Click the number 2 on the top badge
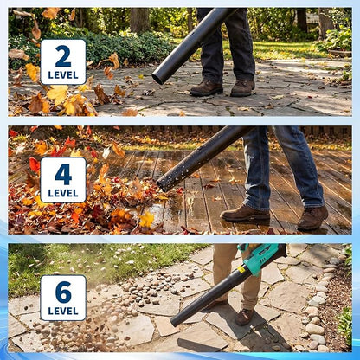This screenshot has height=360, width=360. coord(63,56)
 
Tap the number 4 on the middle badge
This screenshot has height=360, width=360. coord(63,174)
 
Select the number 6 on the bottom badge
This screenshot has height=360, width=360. coord(63,292)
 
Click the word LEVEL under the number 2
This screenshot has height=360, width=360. coord(63,75)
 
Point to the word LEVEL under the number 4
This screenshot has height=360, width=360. coord(63,193)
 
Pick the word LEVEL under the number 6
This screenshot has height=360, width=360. coord(63,311)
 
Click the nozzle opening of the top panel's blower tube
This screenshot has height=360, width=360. coord(158,78)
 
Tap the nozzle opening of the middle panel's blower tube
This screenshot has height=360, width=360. coord(162,185)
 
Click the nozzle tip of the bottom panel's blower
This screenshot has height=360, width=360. coord(175,321)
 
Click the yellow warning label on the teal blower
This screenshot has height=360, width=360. coord(241,269)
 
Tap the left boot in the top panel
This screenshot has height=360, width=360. coord(207,88)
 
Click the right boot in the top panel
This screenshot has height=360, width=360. coord(242,87)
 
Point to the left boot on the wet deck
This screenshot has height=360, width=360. coord(245,214)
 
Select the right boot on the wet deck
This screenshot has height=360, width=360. coord(312,218)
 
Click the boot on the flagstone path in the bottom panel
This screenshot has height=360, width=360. coord(245,317)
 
